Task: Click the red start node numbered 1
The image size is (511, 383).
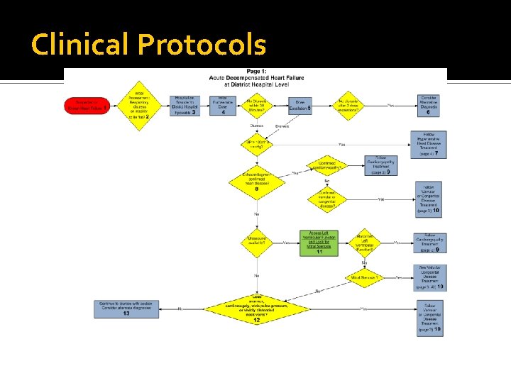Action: tap(85, 106)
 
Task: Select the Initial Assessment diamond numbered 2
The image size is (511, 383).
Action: tap(143, 105)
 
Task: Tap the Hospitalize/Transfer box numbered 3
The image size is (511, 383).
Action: tap(185, 106)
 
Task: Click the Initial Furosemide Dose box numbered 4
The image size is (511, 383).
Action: tap(223, 106)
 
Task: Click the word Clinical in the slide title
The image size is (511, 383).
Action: tap(80, 45)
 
